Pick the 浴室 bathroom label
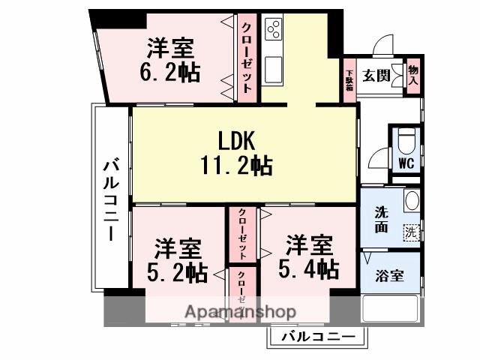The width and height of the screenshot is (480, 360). [388, 274]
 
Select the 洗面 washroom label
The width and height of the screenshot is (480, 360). [380, 219]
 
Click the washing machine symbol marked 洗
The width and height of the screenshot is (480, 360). [410, 232]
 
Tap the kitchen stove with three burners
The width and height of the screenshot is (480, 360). [274, 29]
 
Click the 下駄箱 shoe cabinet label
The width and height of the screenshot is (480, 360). [349, 81]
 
